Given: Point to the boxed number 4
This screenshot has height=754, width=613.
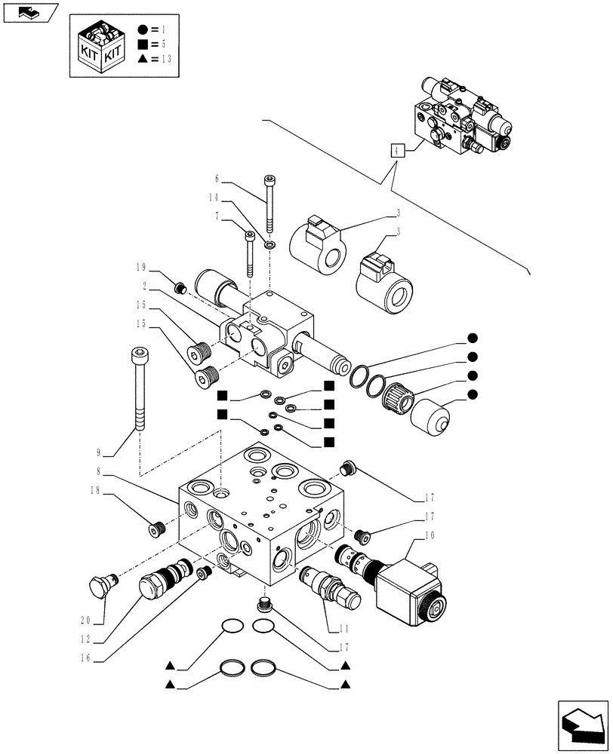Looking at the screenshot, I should coord(397,149).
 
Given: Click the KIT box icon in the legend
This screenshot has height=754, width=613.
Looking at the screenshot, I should coord(100,47).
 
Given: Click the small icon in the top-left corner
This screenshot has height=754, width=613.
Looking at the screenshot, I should coord(30,12).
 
